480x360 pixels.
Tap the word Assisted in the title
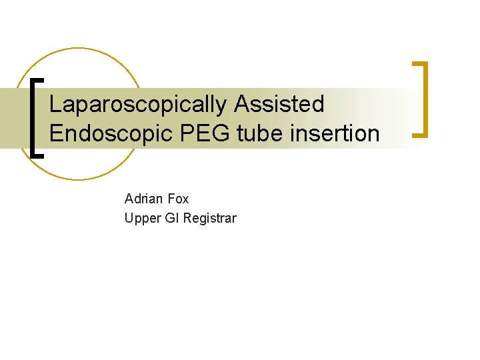point(279,104)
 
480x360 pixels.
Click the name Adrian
point(144,199)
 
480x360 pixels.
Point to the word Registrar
point(209,218)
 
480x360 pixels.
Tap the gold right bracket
point(421,99)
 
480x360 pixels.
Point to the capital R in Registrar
point(187,218)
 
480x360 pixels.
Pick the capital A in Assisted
point(241,104)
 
